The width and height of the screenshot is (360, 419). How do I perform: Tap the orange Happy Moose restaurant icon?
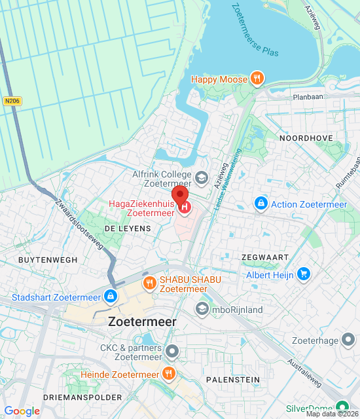point(258,79)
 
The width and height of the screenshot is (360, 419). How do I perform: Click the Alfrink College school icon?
point(202,175)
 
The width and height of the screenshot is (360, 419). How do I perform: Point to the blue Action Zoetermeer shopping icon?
point(261,204)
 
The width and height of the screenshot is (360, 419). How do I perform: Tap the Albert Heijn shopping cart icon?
point(302,274)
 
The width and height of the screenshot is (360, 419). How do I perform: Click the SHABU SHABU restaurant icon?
point(150,283)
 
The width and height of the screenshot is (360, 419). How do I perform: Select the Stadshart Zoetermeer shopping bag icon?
point(110,297)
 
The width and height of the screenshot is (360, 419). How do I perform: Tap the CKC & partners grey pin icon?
point(172,352)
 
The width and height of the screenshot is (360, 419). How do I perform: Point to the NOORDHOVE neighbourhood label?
point(306,139)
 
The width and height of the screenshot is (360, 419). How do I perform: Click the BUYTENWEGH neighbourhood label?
point(48,260)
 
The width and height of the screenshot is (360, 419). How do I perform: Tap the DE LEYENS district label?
point(128,228)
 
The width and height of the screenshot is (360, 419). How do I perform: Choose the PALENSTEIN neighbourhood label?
point(232,380)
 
